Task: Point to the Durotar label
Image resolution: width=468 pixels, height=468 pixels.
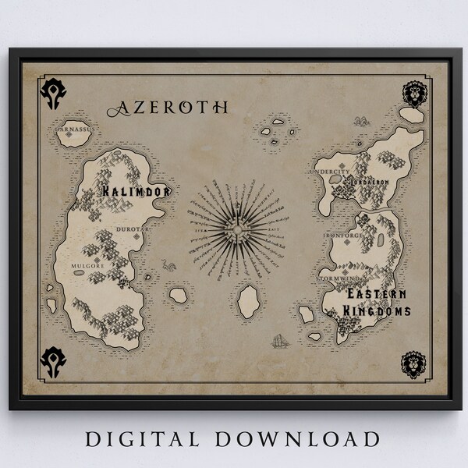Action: click(127, 230)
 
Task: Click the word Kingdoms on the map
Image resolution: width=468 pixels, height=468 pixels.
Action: click(379, 311)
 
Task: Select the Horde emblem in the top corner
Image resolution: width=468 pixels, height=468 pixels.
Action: click(55, 93)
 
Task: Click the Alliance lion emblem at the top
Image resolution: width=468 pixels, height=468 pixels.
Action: click(413, 94)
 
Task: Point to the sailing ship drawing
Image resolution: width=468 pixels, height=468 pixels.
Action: click(278, 341)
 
